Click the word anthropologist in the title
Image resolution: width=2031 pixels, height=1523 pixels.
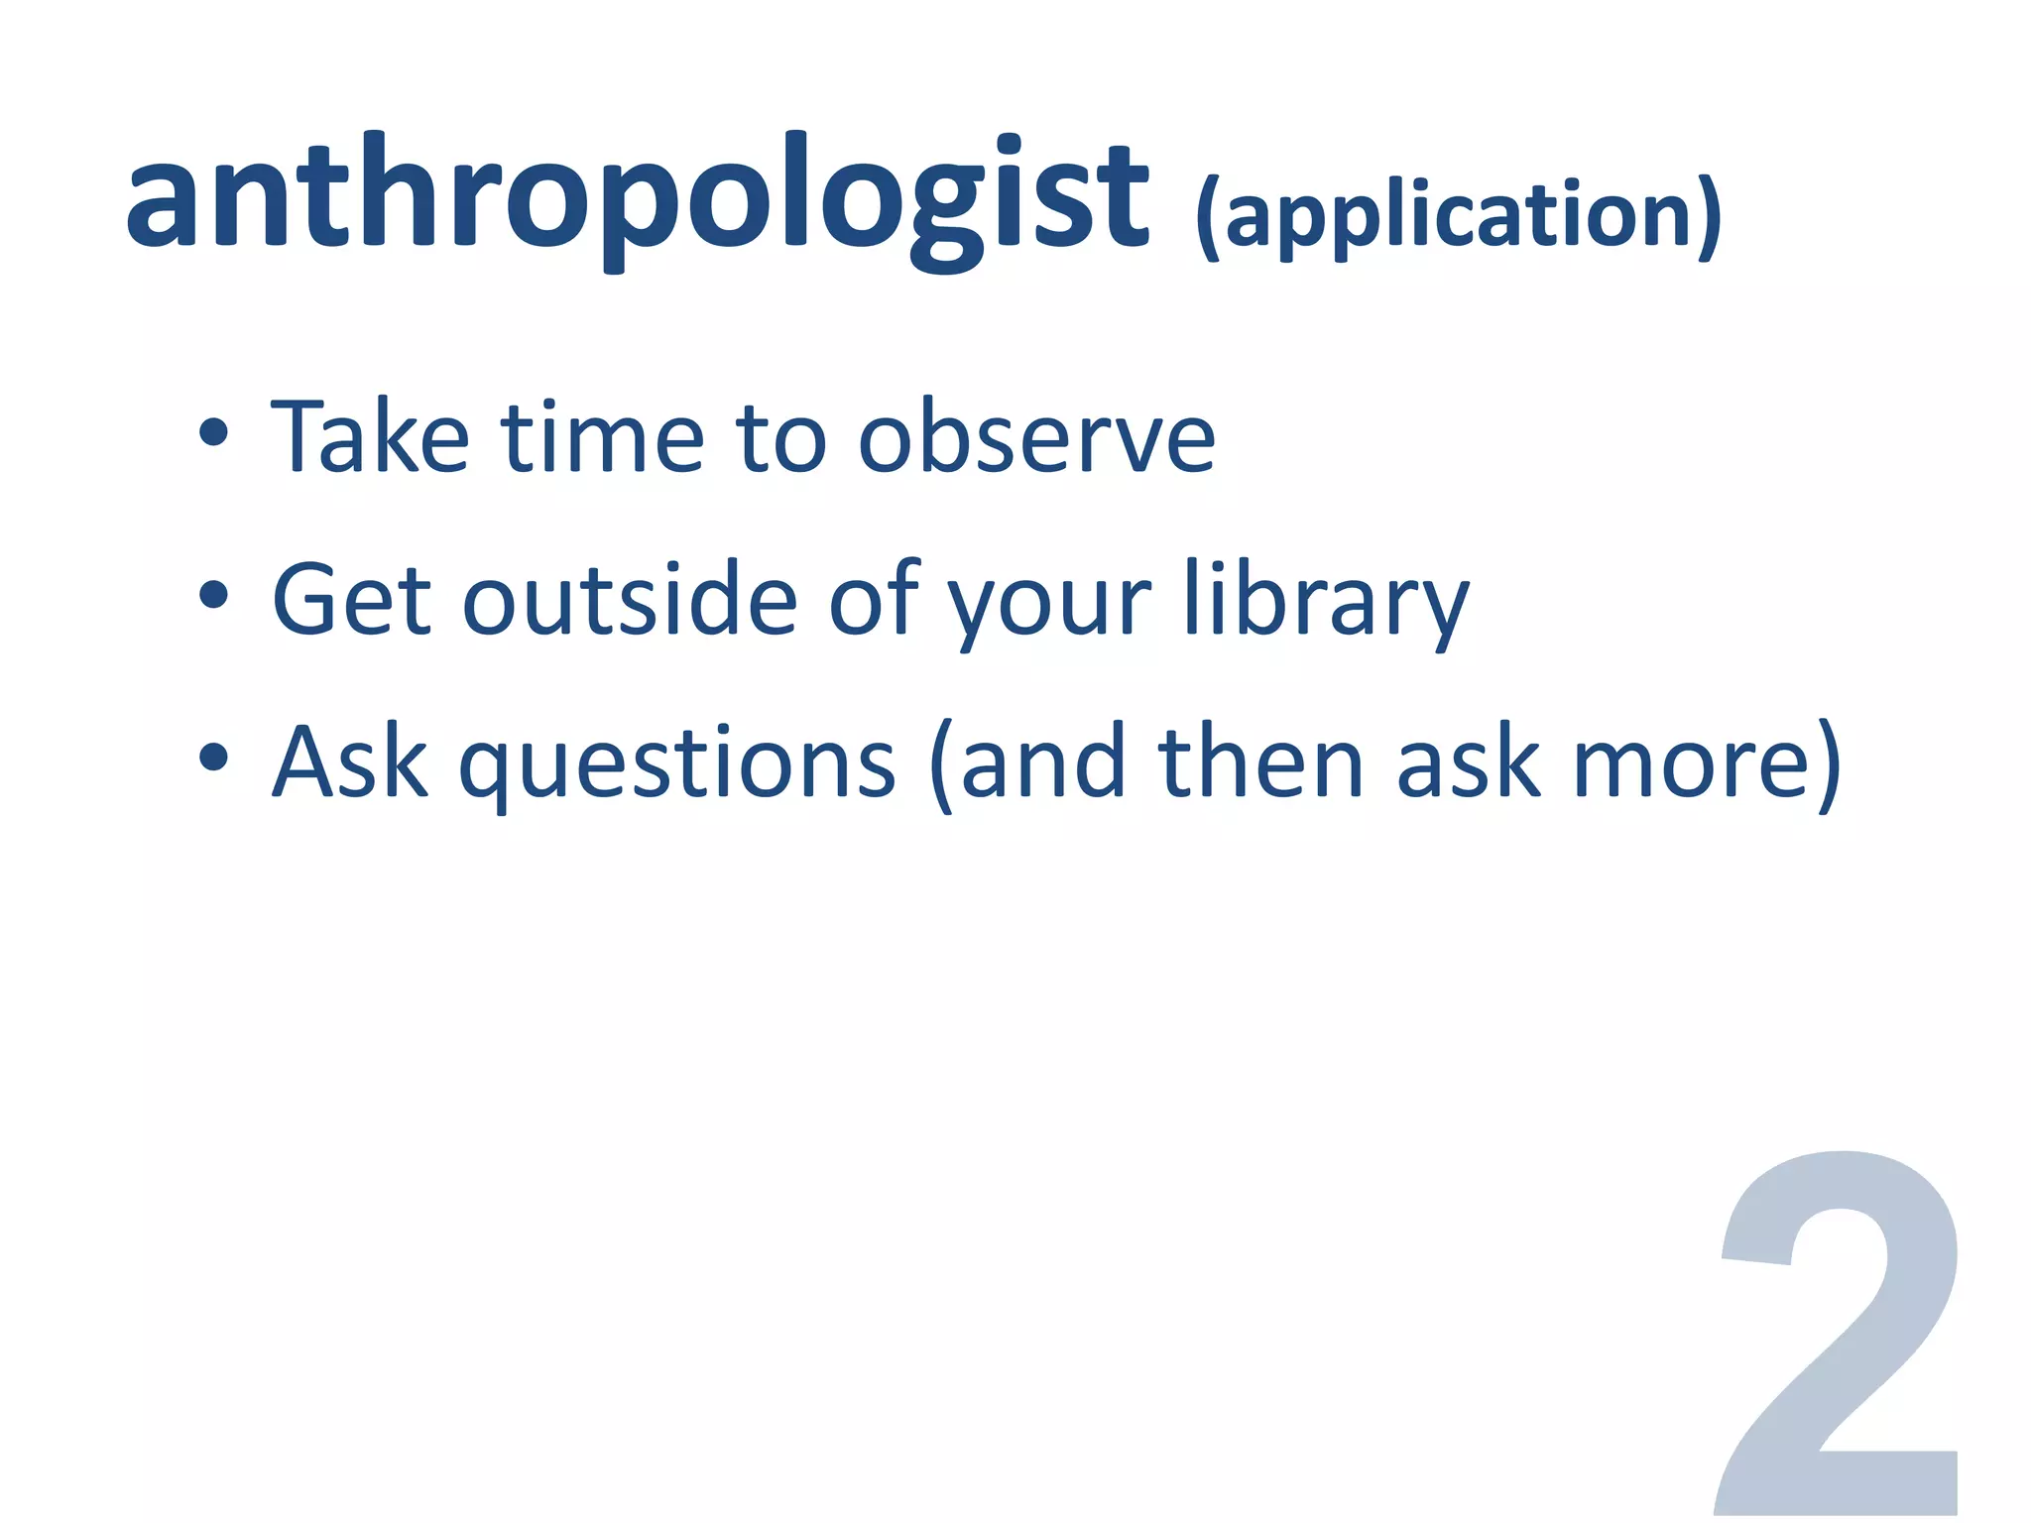coord(637,198)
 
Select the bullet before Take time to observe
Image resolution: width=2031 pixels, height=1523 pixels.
coord(213,433)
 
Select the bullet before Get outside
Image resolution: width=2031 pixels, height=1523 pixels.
coord(213,596)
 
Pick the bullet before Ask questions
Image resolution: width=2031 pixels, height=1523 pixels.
coord(213,759)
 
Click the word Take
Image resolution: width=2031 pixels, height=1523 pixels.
coord(369,436)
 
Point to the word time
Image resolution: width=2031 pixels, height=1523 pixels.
coord(602,436)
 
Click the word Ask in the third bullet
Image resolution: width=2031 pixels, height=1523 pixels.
coord(350,761)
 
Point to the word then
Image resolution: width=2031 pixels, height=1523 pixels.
coord(1260,761)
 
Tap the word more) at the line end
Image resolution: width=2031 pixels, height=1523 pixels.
coord(1706,763)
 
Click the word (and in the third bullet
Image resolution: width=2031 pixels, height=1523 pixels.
coord(1027,763)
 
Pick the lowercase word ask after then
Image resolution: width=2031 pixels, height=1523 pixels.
coord(1468,761)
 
